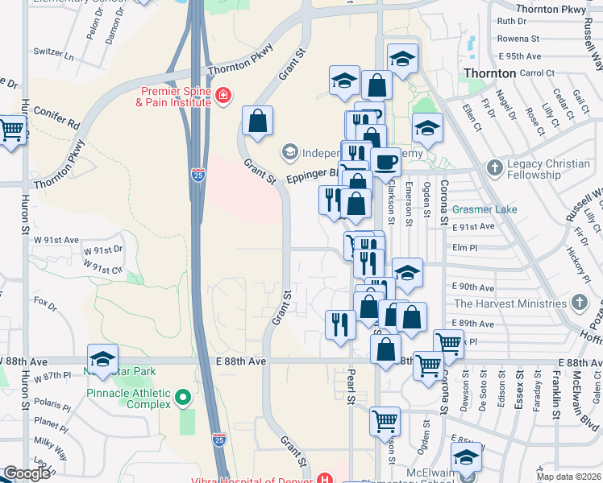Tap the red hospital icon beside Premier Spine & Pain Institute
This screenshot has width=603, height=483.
pos(223,97)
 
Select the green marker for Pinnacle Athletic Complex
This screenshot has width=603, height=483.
pos(184,397)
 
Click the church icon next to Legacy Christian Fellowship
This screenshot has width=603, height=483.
pos(495,168)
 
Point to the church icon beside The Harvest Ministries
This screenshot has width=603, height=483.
pos(578,303)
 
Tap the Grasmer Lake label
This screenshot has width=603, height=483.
pos(484,209)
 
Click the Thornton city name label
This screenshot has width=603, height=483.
pos(489,73)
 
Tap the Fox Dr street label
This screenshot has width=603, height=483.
pos(46,307)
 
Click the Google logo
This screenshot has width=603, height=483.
pos(27,473)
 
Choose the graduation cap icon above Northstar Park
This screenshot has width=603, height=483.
pos(102,359)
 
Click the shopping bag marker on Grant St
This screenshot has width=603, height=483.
pos(257,122)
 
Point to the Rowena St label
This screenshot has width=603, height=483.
pos(518,38)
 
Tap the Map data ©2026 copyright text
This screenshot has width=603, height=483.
pos(569,477)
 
